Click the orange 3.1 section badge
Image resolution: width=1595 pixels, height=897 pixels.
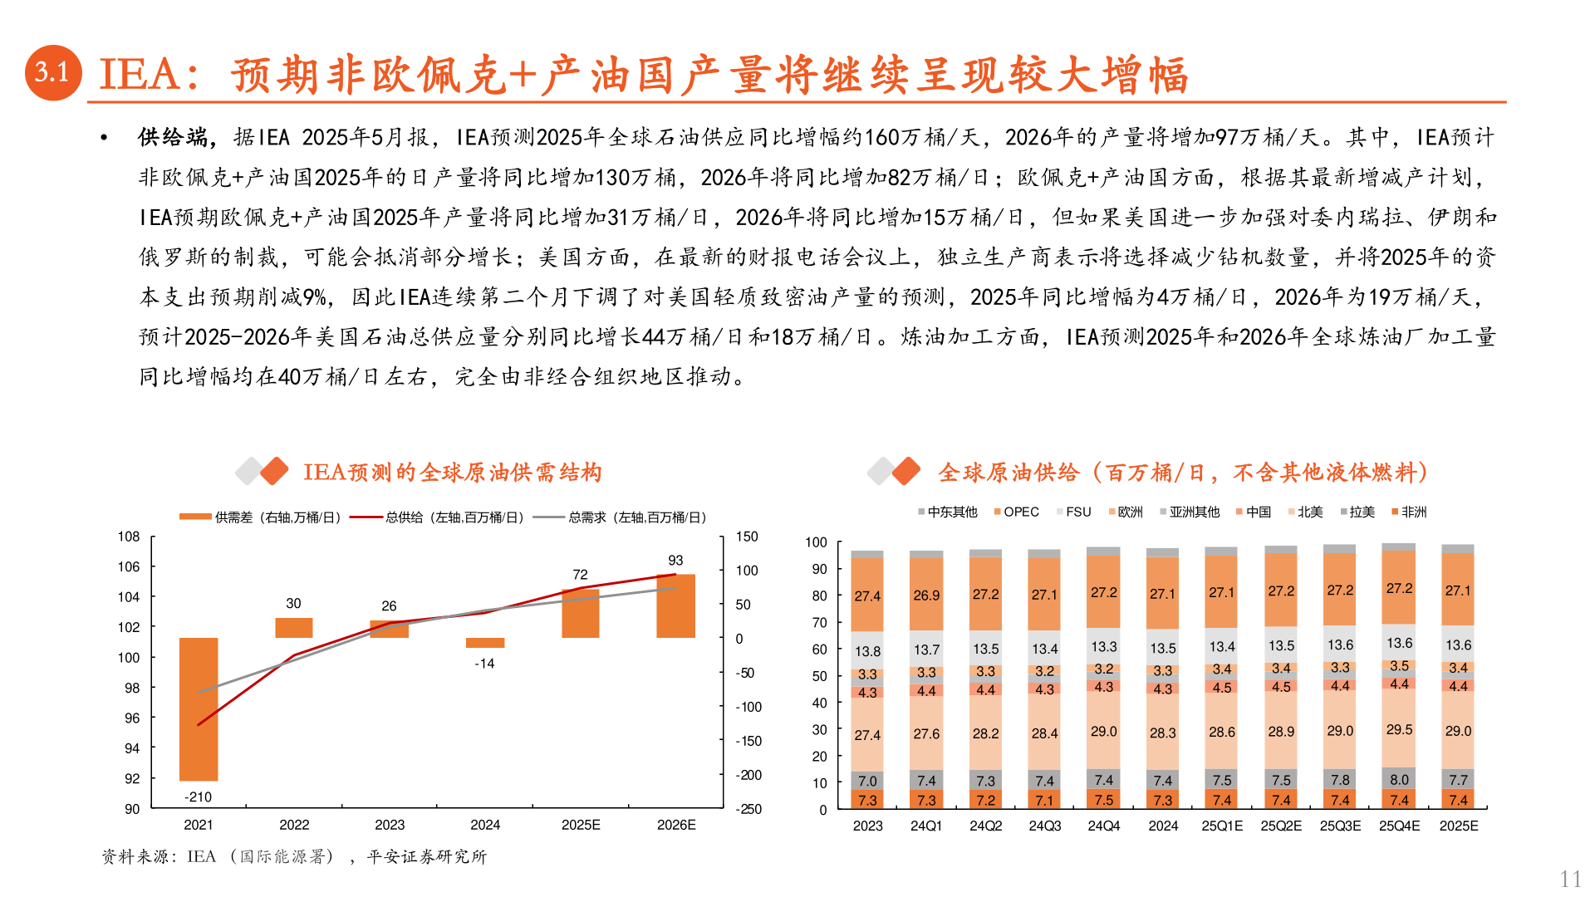point(53,73)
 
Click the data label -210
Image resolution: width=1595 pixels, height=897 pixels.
point(198,797)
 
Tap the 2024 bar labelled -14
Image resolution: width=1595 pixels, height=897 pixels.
point(485,643)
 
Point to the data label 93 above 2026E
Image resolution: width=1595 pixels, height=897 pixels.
point(675,561)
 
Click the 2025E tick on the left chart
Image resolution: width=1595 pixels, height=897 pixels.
point(581,825)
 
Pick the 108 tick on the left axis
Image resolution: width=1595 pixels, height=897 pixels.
point(129,537)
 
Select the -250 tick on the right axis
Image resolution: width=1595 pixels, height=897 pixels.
point(748,809)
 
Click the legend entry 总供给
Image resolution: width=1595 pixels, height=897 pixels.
point(438,517)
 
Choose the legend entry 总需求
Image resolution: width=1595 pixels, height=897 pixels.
point(621,517)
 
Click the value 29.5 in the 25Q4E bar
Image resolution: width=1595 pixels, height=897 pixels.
point(1399,729)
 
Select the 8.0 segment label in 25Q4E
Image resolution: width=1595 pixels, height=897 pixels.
point(1399,779)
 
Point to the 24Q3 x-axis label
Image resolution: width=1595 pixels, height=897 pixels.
point(1044,826)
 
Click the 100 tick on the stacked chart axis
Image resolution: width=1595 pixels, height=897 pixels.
point(816,542)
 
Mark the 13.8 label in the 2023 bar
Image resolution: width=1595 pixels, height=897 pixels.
point(867,651)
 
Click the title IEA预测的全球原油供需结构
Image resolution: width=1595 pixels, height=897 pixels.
point(452,473)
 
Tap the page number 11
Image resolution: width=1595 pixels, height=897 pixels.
point(1570,879)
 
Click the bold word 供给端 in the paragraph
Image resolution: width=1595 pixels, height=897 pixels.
point(173,137)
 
